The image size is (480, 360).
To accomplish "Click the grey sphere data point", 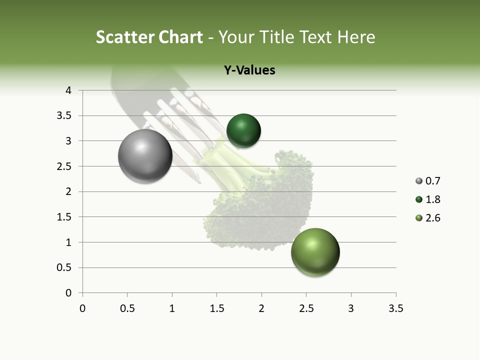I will [145, 156].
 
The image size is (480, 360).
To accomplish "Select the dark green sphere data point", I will [243, 131].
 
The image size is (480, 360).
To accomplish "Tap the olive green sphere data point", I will [315, 252].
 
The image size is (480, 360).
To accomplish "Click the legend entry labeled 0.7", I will [428, 181].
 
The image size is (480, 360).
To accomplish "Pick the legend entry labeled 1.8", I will [428, 199].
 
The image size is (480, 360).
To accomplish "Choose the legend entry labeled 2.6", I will [428, 218].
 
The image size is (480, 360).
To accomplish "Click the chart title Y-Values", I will [249, 70].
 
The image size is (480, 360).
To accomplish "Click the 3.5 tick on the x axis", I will [395, 308].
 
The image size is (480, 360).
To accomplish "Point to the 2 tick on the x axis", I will [261, 308].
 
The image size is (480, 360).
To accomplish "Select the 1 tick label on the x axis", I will [172, 308].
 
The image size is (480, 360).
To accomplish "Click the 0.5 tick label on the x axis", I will [127, 308].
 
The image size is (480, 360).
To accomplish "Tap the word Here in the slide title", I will [355, 37].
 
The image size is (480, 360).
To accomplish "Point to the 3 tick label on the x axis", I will [351, 308].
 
